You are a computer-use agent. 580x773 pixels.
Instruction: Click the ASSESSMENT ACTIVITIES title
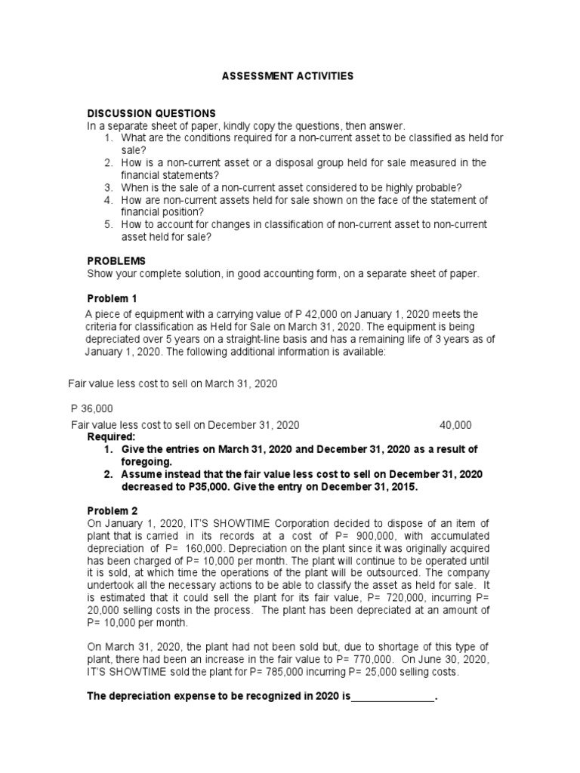(x=286, y=76)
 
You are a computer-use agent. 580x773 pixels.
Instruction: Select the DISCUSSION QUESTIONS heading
(x=151, y=113)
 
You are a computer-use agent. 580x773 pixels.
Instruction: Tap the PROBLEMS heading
(x=115, y=260)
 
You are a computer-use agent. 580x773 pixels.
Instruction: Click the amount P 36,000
(x=91, y=408)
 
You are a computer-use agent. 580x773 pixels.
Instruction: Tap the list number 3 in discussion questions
(x=108, y=187)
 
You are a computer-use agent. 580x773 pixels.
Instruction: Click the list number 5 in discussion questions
(x=108, y=224)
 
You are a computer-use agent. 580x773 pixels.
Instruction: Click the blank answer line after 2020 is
(x=393, y=698)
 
